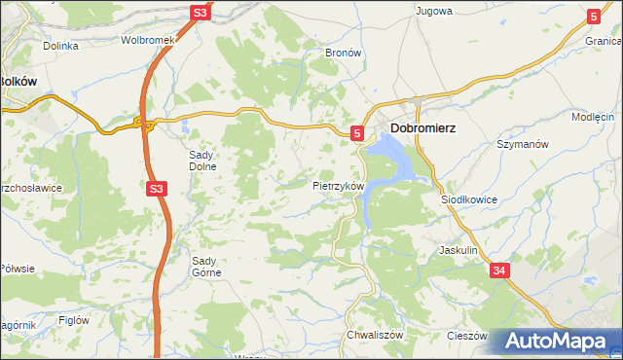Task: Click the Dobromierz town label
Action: tap(423, 128)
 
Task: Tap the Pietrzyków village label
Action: tap(338, 185)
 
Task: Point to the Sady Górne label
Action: tap(206, 267)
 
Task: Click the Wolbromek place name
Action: tap(147, 41)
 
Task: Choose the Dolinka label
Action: tap(60, 46)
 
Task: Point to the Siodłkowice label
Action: tap(469, 198)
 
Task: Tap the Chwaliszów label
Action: tap(369, 335)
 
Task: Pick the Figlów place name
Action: tap(74, 319)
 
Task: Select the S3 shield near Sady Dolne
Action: tap(157, 189)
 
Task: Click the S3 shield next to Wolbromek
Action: tap(200, 13)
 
